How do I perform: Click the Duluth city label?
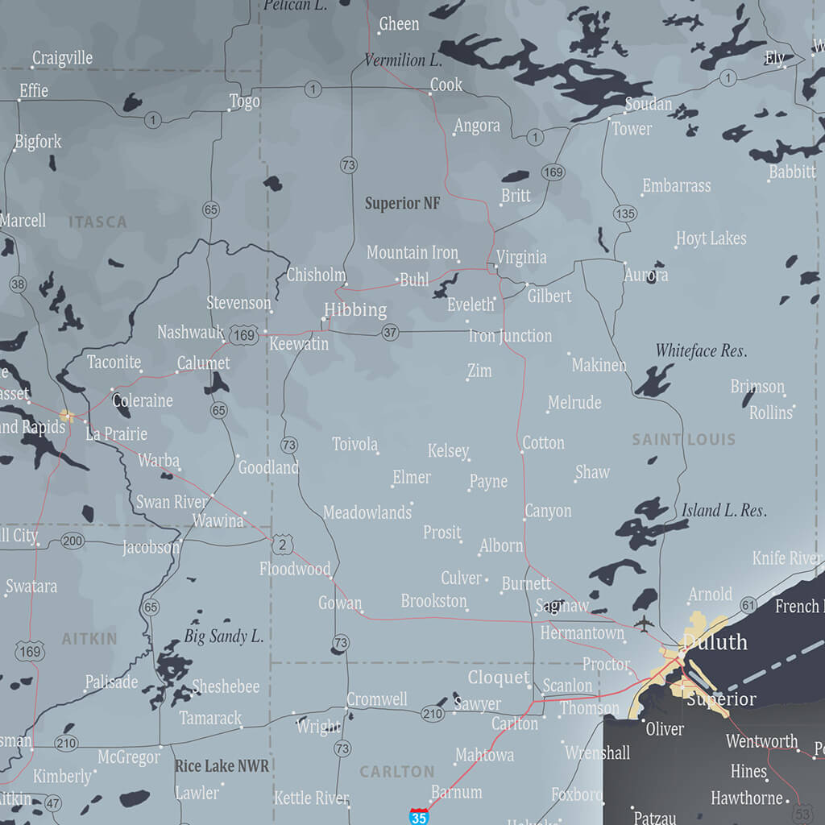[x=715, y=642]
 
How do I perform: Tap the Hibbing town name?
[x=355, y=310]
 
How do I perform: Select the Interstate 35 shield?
[x=419, y=815]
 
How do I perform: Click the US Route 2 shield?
[x=282, y=545]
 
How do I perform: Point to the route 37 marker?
[x=391, y=332]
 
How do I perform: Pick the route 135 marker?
[x=624, y=214]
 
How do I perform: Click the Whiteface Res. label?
[x=701, y=350]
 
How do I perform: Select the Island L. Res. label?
[x=723, y=510]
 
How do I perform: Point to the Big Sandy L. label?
[x=223, y=636]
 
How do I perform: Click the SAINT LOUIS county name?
[x=683, y=440]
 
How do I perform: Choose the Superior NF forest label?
[x=402, y=204]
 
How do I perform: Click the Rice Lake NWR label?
[x=222, y=765]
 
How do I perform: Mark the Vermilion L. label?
[x=403, y=60]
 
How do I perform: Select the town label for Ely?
[x=774, y=58]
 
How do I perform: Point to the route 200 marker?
[x=73, y=541]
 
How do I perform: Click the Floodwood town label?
[x=295, y=570]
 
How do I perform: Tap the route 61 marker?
[x=748, y=605]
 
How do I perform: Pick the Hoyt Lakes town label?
[x=711, y=239]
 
